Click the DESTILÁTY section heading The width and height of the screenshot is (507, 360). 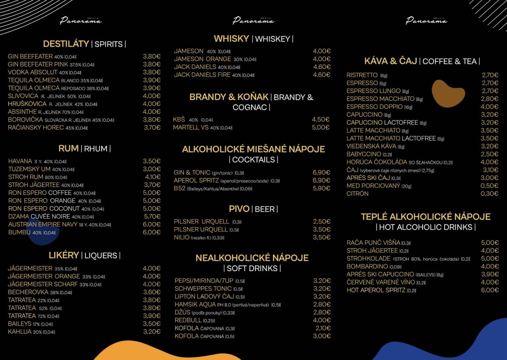point(66,44)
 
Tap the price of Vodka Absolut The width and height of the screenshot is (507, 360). point(152,72)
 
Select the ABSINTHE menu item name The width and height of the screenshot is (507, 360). point(22,111)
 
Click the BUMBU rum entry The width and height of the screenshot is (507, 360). point(19,232)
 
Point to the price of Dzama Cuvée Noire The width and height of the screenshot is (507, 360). point(152,216)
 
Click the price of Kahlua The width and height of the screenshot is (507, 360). point(152,332)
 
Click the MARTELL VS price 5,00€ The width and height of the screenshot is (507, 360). point(321,128)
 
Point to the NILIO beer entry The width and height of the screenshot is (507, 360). point(182,237)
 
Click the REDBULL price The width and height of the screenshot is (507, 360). point(322,320)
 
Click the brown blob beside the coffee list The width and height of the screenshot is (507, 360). point(447,93)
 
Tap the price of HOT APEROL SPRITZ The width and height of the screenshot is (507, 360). point(490,290)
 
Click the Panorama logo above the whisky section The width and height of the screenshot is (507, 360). point(253,20)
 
